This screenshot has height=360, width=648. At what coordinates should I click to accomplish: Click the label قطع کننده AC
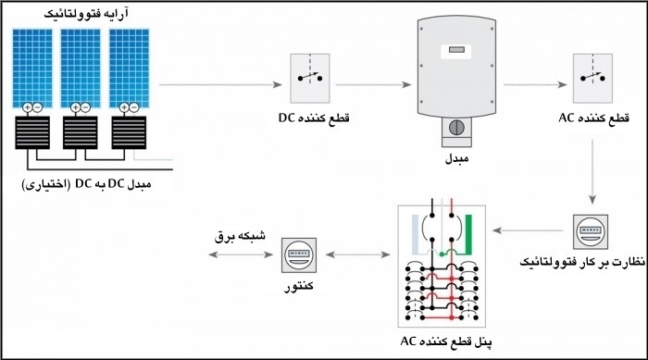point(593,119)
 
